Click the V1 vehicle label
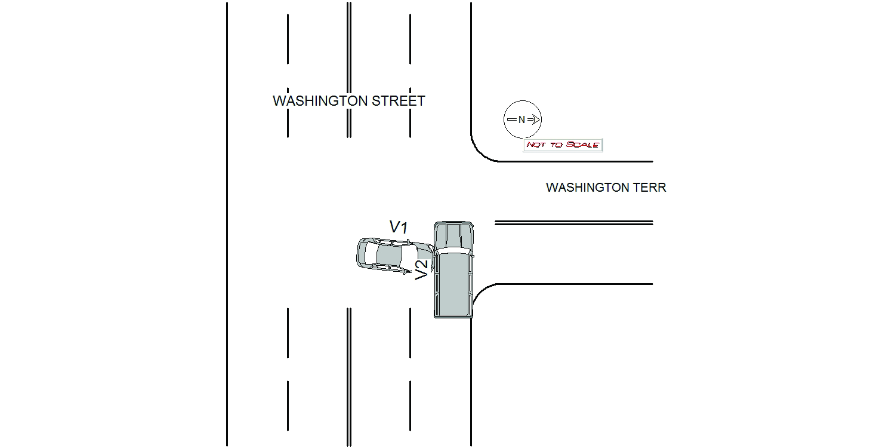point(398,227)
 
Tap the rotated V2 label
point(421,270)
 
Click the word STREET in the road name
point(399,101)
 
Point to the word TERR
point(651,188)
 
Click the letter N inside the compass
point(521,120)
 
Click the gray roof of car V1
point(388,256)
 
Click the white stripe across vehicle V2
point(453,250)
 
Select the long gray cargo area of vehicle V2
point(453,284)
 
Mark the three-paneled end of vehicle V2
point(453,234)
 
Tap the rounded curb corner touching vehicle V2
point(480,293)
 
